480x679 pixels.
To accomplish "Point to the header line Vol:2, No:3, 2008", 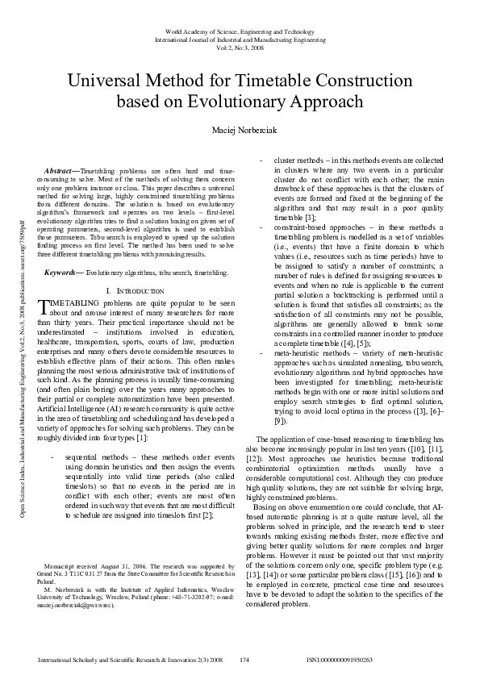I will point(240,47).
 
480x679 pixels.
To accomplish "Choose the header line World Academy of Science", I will point(240,31).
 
